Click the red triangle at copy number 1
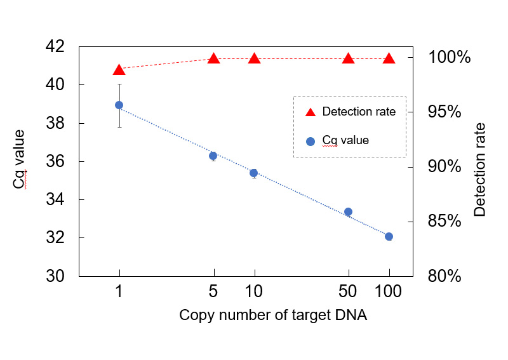tap(119, 69)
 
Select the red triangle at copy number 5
tap(214, 58)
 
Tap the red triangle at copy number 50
tap(348, 58)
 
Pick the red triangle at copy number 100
tap(389, 58)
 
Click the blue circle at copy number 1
tap(119, 105)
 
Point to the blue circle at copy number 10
tap(253, 173)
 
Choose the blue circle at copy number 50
tap(348, 211)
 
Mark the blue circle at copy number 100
tap(389, 236)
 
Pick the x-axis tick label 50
tap(349, 293)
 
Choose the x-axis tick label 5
tap(214, 293)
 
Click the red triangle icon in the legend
tap(311, 112)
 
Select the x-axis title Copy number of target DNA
tap(273, 316)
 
